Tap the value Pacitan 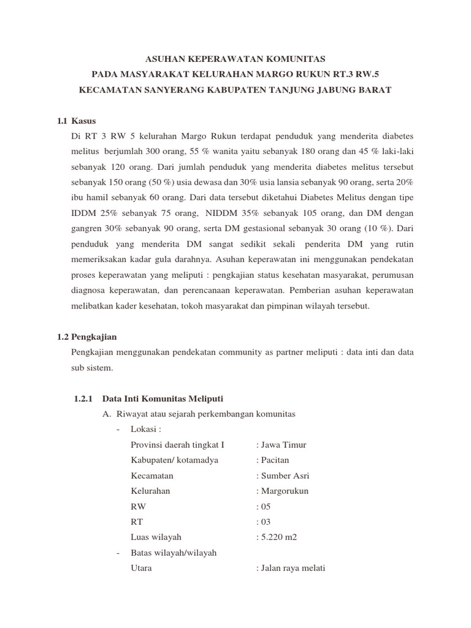coord(275,460)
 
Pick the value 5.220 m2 coord(279,537)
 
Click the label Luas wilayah coord(156,537)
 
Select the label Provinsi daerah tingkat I coord(178,445)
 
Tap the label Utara coord(142,568)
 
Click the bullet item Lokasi coord(145,429)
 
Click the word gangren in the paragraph coord(87,228)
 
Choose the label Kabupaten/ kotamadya coord(174,460)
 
